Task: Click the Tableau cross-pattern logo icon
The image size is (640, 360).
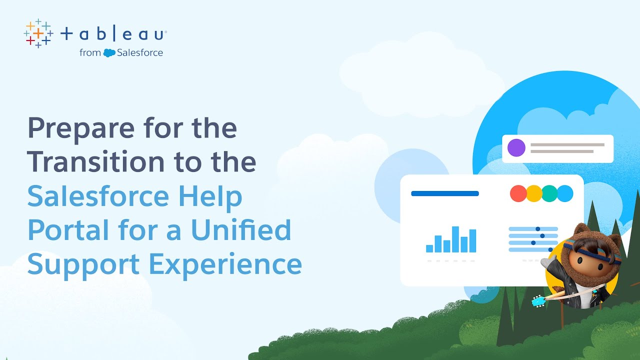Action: tap(38, 33)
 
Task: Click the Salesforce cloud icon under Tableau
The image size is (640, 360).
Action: tap(109, 52)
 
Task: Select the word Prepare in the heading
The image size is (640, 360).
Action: tap(80, 128)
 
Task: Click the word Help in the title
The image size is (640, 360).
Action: tap(217, 196)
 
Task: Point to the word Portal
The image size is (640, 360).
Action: tap(69, 230)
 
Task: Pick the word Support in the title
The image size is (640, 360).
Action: tap(83, 265)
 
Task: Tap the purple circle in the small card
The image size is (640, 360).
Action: tap(516, 148)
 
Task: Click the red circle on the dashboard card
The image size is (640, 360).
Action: tap(518, 193)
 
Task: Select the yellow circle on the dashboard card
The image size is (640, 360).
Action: tap(534, 193)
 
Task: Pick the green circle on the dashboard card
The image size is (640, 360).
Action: tap(549, 193)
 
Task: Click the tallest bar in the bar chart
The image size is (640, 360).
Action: tap(455, 239)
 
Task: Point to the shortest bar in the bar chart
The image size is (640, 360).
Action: tap(429, 248)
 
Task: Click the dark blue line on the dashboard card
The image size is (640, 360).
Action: tap(444, 193)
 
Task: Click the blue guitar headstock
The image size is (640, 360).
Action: tap(538, 301)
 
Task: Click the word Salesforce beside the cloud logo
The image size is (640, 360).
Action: tap(140, 52)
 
